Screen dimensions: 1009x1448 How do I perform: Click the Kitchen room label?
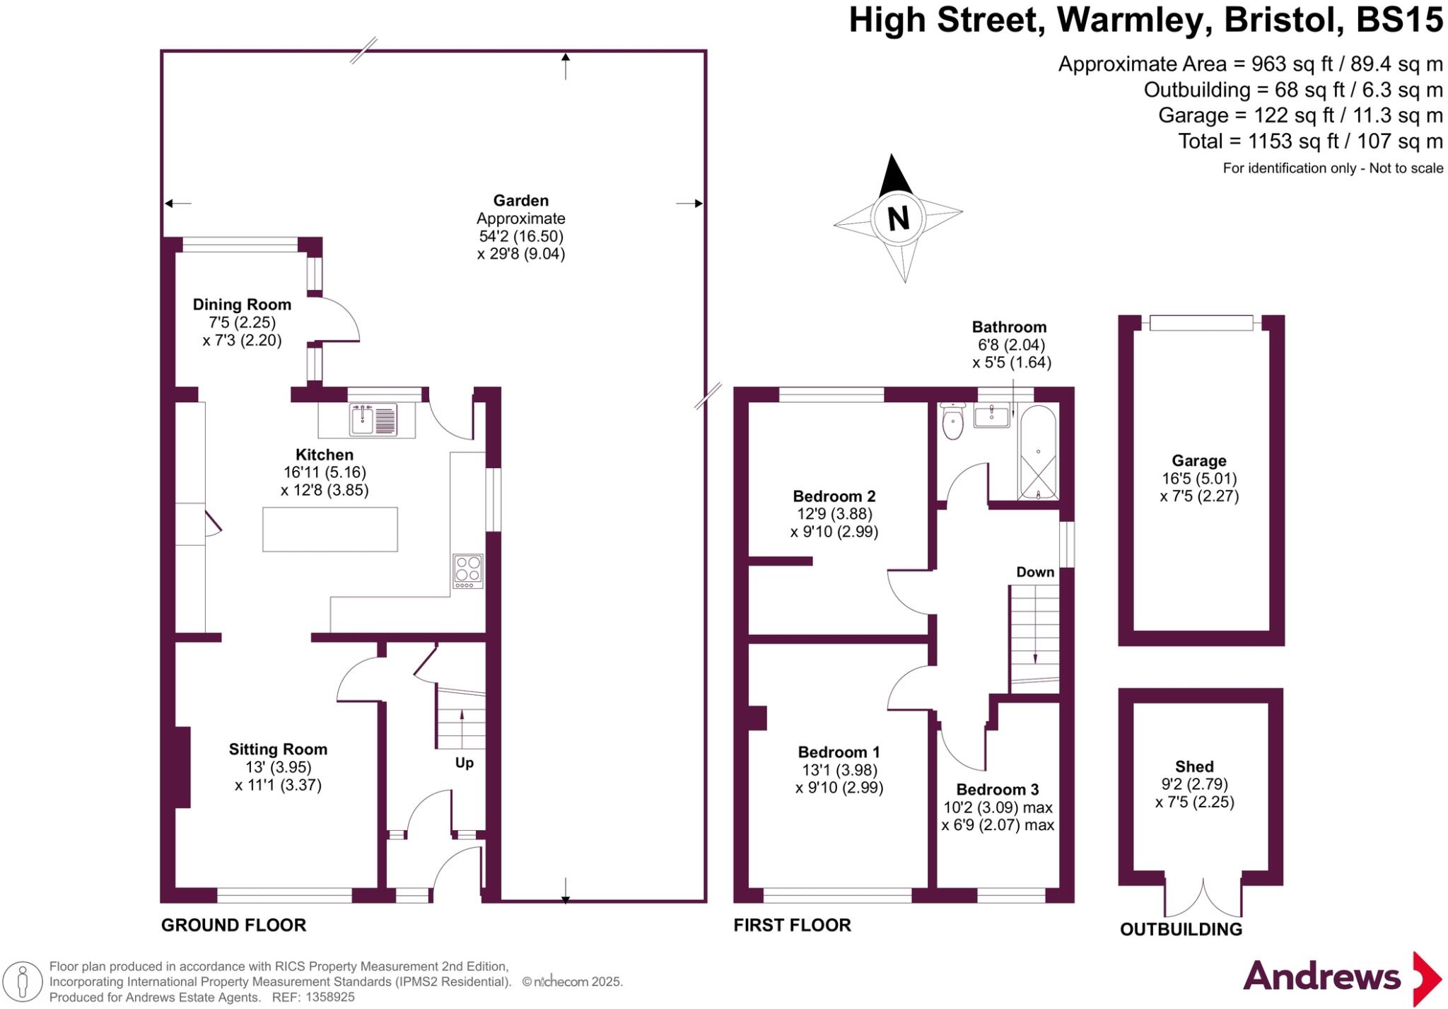(x=325, y=455)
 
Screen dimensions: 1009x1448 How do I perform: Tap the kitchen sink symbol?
(x=373, y=420)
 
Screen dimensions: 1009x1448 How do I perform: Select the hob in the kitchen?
(x=468, y=571)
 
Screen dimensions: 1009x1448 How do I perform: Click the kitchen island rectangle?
(x=330, y=529)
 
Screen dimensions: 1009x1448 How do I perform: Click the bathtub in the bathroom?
(x=1038, y=453)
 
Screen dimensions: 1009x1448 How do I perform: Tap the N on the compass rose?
(x=898, y=218)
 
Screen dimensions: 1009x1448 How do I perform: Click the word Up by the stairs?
(x=464, y=763)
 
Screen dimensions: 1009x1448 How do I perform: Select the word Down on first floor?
(x=1035, y=572)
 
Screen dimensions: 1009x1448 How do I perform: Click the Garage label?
(x=1199, y=461)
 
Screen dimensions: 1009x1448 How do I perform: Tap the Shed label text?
(x=1194, y=766)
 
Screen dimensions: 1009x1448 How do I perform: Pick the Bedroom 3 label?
(x=998, y=789)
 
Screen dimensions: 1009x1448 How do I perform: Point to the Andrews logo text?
(x=1321, y=976)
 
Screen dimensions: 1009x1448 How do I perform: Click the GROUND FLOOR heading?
(x=234, y=925)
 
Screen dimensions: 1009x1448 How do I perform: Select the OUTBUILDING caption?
(x=1181, y=929)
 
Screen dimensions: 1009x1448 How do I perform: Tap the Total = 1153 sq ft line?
(x=1310, y=141)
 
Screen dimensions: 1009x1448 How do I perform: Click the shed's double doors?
(x=1203, y=897)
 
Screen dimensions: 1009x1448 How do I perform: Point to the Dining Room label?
(x=242, y=305)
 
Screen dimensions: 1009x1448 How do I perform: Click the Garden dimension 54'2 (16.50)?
(x=521, y=236)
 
